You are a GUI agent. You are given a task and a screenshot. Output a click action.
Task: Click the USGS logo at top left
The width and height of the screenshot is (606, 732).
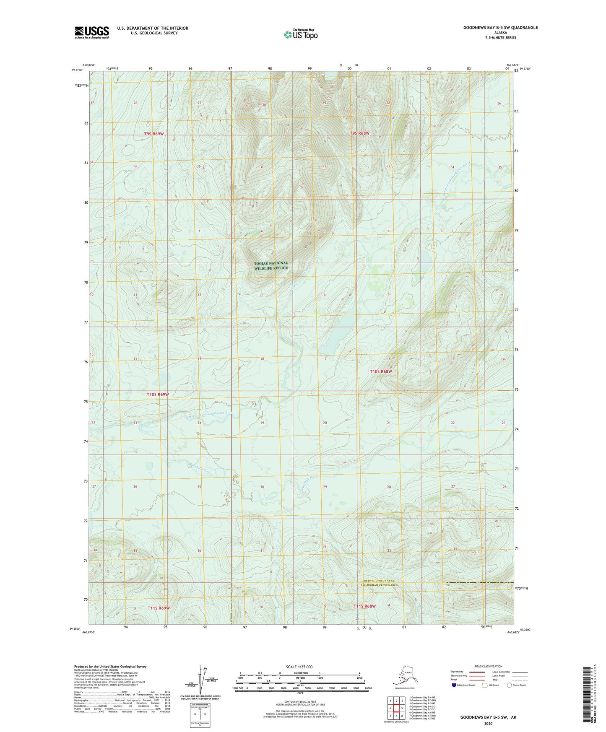tap(91, 32)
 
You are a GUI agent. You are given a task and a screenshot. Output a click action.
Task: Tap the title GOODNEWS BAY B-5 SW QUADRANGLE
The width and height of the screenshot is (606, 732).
tap(500, 28)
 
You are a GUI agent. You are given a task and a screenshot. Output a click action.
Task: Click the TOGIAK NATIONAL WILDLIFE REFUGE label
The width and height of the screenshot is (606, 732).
tap(271, 265)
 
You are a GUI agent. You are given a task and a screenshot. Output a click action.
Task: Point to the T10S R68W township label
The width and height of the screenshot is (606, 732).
tap(381, 371)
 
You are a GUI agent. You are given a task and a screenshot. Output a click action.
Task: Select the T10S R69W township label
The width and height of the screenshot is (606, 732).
tap(158, 395)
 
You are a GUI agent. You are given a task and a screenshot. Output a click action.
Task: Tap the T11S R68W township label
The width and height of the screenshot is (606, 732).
tap(364, 606)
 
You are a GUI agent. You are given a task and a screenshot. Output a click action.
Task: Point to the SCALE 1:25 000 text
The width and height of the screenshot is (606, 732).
tap(299, 667)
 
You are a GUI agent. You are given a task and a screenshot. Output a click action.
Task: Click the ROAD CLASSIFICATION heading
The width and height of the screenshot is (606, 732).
tap(488, 666)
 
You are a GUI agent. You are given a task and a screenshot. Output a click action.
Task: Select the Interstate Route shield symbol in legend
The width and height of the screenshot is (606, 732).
tap(454, 685)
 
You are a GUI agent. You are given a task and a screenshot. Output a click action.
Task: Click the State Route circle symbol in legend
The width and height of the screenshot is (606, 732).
tap(510, 685)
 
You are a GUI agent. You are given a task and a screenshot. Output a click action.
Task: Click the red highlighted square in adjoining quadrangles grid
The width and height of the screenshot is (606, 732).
tap(396, 708)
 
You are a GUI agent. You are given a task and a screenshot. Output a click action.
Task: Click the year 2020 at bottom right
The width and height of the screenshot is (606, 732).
tap(488, 723)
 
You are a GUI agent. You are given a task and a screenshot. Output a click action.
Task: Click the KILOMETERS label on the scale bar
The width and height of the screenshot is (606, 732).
tap(299, 673)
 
